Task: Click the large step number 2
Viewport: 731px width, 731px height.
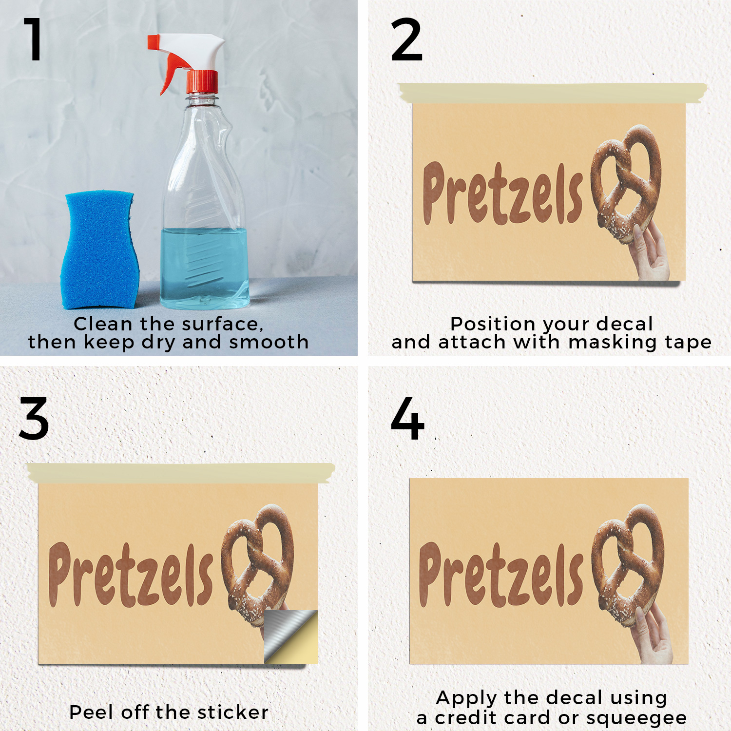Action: (406, 39)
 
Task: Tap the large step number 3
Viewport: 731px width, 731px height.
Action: (34, 419)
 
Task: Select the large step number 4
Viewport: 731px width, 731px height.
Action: (407, 419)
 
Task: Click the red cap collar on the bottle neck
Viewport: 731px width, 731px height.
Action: (202, 81)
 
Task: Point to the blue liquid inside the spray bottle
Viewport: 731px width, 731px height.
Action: (205, 268)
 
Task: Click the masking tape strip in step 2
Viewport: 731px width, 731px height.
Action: (552, 93)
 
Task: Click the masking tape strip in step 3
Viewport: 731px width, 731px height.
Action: (181, 473)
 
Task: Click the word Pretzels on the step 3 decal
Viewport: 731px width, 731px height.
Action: (131, 575)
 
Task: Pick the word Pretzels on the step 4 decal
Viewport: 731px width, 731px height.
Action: (501, 575)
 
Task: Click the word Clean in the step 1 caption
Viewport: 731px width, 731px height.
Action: (103, 324)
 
